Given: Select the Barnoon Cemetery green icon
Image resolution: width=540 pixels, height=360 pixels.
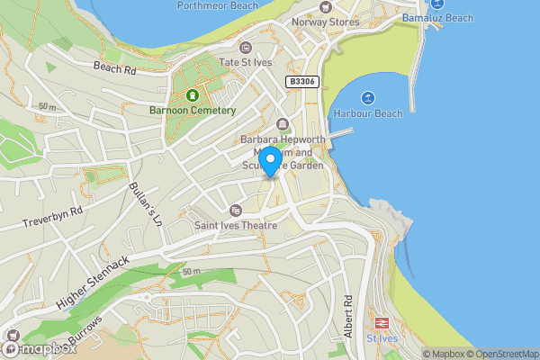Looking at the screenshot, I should coord(191,95).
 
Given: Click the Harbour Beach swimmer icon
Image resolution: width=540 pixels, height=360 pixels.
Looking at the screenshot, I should coord(367,98).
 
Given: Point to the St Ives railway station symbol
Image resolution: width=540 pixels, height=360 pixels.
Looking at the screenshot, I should coord(382,322).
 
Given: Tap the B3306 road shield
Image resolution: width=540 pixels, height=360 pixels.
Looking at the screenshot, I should coord(302,82).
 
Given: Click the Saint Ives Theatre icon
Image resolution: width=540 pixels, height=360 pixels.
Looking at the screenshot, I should coord(236,210).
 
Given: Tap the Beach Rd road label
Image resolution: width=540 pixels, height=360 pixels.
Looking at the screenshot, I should coord(114,67).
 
